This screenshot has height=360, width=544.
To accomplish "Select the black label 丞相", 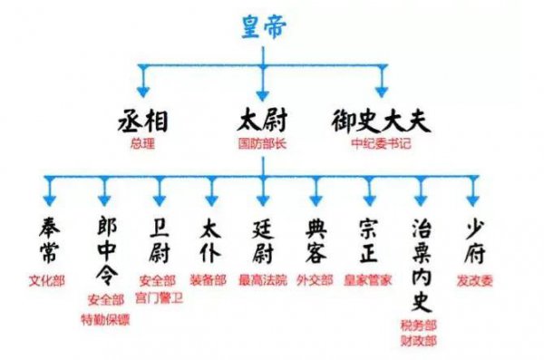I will (x=143, y=121).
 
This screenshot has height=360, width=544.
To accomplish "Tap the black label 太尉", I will (x=262, y=121).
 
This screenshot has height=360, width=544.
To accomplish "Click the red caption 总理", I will (x=143, y=143).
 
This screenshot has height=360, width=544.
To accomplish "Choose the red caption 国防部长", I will (x=262, y=143).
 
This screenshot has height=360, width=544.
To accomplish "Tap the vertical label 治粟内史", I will (x=423, y=262).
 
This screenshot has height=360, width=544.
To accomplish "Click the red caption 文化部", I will (x=47, y=280).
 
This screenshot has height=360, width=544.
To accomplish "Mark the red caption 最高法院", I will (x=262, y=280).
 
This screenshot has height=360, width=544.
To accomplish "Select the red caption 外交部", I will (x=316, y=280).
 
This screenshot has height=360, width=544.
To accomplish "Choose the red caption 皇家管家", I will (x=370, y=280).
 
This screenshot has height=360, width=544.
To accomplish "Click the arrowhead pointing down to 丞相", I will (x=143, y=91).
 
